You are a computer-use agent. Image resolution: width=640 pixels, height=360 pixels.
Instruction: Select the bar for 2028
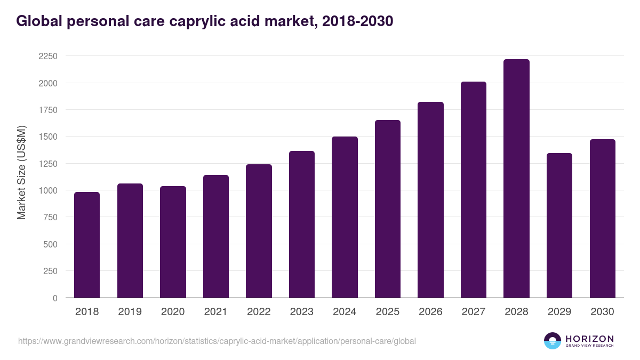point(516,179)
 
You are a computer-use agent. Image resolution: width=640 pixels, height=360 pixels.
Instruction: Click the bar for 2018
point(87,245)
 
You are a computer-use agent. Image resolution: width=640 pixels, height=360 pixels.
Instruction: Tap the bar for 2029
point(559,226)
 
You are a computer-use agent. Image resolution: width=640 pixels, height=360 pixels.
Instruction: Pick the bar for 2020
point(173,242)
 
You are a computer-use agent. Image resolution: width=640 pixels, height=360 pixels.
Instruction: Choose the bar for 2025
point(388,209)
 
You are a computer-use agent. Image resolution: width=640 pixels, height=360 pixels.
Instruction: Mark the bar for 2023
point(302,225)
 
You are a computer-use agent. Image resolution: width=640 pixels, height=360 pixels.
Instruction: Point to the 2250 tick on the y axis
point(49,57)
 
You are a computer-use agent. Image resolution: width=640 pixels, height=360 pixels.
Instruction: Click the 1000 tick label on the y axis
point(49,190)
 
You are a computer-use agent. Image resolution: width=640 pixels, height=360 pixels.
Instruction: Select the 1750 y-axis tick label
point(49,110)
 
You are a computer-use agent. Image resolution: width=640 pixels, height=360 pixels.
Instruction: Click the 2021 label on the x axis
point(216,312)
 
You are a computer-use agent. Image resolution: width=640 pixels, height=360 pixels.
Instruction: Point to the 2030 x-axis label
point(602,312)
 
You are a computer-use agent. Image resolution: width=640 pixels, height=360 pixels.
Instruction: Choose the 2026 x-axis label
point(430,312)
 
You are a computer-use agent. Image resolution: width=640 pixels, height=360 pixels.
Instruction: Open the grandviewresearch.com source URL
point(217,341)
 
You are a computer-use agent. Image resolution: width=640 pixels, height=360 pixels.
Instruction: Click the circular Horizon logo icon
point(553,341)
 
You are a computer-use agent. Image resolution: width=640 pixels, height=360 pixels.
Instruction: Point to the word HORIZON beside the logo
point(589,339)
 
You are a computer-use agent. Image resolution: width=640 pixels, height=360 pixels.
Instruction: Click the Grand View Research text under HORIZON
point(589,346)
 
